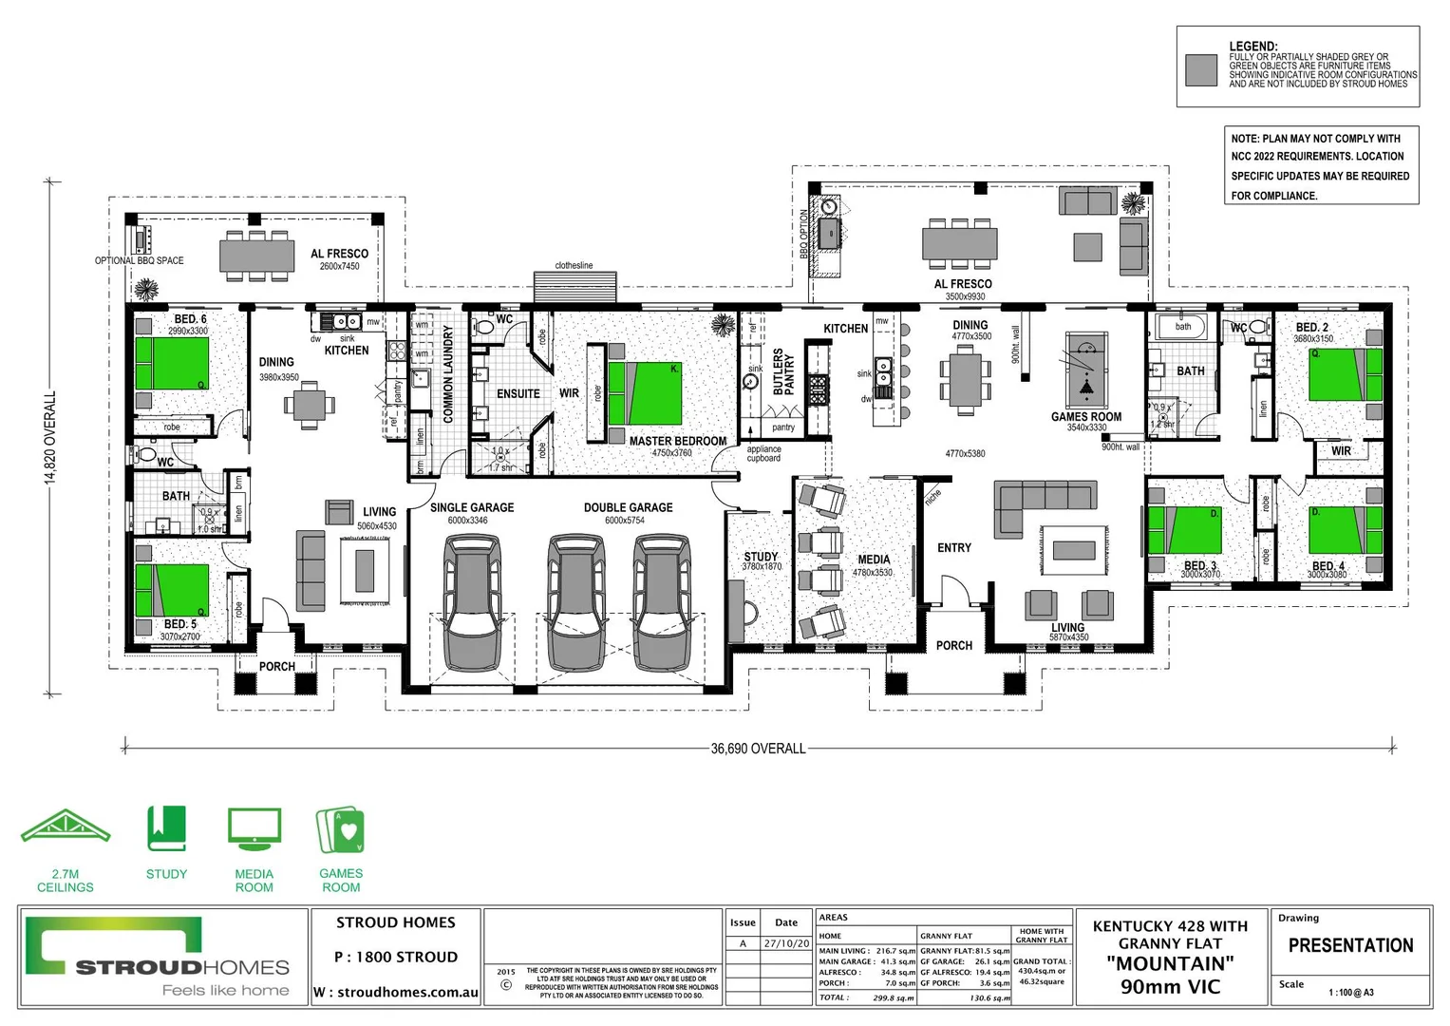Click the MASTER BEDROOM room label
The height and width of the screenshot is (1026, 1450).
[677, 441]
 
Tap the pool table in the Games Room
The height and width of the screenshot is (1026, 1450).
[1086, 370]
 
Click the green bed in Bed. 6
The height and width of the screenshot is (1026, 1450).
[172, 363]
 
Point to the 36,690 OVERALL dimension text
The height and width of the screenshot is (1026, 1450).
[758, 749]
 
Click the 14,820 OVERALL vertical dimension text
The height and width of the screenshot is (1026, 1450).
[51, 437]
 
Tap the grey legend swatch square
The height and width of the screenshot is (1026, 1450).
[1201, 69]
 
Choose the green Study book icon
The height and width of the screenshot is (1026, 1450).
[166, 828]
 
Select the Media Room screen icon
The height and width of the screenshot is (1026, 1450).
[254, 829]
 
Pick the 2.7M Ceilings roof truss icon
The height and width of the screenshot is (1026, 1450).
[65, 827]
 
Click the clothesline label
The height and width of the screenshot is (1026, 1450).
[574, 266]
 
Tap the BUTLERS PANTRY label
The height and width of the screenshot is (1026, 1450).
[783, 371]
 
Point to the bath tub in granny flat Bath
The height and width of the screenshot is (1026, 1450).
[1182, 328]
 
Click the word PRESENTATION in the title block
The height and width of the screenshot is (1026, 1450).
[1350, 945]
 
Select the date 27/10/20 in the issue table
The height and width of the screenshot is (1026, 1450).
[786, 943]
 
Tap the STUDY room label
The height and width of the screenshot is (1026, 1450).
[761, 557]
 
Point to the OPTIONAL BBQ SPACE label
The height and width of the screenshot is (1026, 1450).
[140, 260]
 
